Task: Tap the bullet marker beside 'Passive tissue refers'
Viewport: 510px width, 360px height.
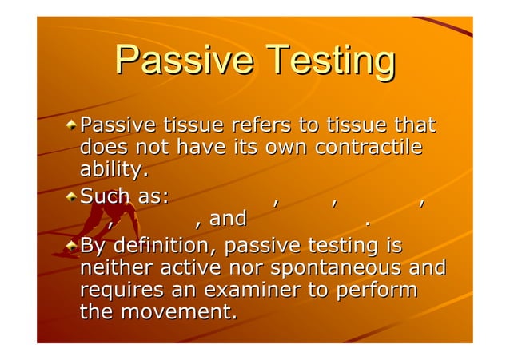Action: (x=72, y=125)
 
